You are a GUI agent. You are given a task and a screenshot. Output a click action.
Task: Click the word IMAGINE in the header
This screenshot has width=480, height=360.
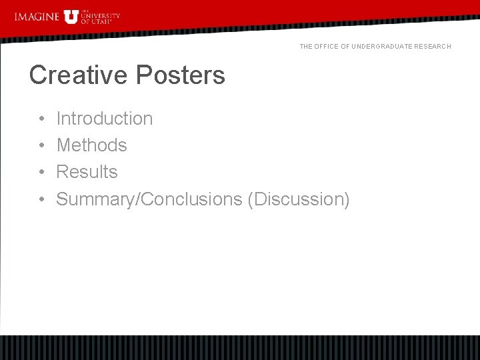36,17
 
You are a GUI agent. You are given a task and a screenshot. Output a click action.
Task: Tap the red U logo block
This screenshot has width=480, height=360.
71,17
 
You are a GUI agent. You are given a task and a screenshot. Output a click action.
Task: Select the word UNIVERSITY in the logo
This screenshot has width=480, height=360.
100,16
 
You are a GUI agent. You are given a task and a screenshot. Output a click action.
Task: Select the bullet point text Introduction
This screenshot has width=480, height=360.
105,119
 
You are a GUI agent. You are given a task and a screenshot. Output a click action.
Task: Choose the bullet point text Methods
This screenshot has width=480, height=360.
91,145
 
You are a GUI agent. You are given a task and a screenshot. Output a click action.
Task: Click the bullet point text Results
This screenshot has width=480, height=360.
87,172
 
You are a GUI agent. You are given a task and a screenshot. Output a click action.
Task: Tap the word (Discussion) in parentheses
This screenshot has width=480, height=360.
298,199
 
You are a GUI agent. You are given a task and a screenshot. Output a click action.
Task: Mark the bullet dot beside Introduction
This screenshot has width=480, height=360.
41,119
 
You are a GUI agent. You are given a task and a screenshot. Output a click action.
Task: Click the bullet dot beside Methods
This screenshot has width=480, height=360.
41,146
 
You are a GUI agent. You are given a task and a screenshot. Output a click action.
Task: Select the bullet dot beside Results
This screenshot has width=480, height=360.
41,173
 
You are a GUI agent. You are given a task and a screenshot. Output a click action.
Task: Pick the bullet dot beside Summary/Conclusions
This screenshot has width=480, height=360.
41,199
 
